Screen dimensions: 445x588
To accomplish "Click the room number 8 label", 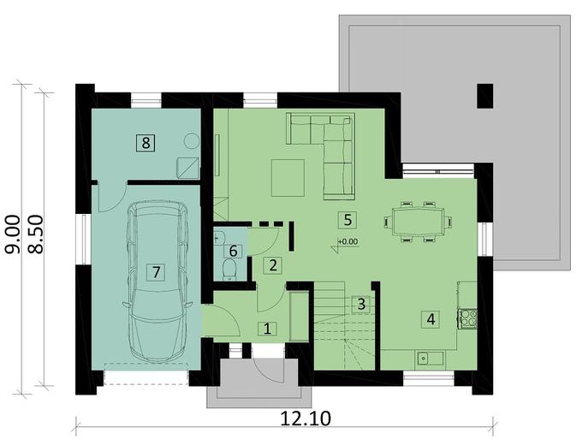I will pyautogui.click(x=146, y=143).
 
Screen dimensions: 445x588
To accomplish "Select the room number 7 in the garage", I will pyautogui.click(x=155, y=273).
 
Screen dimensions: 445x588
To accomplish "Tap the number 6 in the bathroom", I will pyautogui.click(x=235, y=251).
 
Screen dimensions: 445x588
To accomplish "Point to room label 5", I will pyautogui.click(x=347, y=219).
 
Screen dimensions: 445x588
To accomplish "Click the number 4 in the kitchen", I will pyautogui.click(x=431, y=319).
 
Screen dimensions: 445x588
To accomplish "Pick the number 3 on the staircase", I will pyautogui.click(x=361, y=303).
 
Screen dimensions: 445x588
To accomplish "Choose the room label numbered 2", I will pyautogui.click(x=272, y=264).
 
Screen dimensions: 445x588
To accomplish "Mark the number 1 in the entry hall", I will pyautogui.click(x=267, y=328).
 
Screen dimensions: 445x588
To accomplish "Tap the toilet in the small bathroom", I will pyautogui.click(x=229, y=270).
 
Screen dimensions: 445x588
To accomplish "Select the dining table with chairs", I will pyautogui.click(x=418, y=222).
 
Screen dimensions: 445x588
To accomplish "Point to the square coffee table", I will pyautogui.click(x=287, y=177).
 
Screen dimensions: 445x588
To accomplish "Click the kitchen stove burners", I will pyautogui.click(x=468, y=318).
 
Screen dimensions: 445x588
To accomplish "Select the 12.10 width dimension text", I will pyautogui.click(x=306, y=418).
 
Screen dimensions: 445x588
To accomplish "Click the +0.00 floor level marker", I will pyautogui.click(x=347, y=242).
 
